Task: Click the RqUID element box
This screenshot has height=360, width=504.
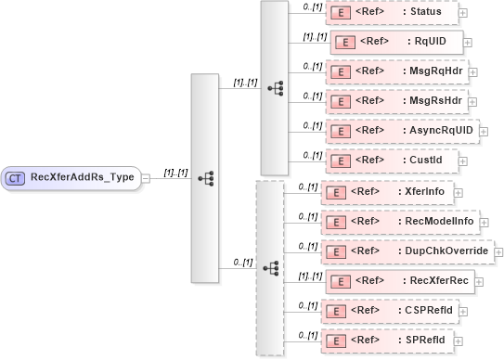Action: pos(395,42)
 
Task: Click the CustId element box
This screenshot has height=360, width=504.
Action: pos(389,161)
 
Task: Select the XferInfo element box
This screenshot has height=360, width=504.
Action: pos(391,192)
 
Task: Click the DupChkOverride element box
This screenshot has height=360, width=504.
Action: pos(407,251)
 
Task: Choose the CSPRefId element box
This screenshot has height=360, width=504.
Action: pos(389,311)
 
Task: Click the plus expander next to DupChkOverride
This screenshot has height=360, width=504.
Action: pos(499,251)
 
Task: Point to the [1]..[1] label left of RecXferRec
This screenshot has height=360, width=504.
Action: pos(308,276)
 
